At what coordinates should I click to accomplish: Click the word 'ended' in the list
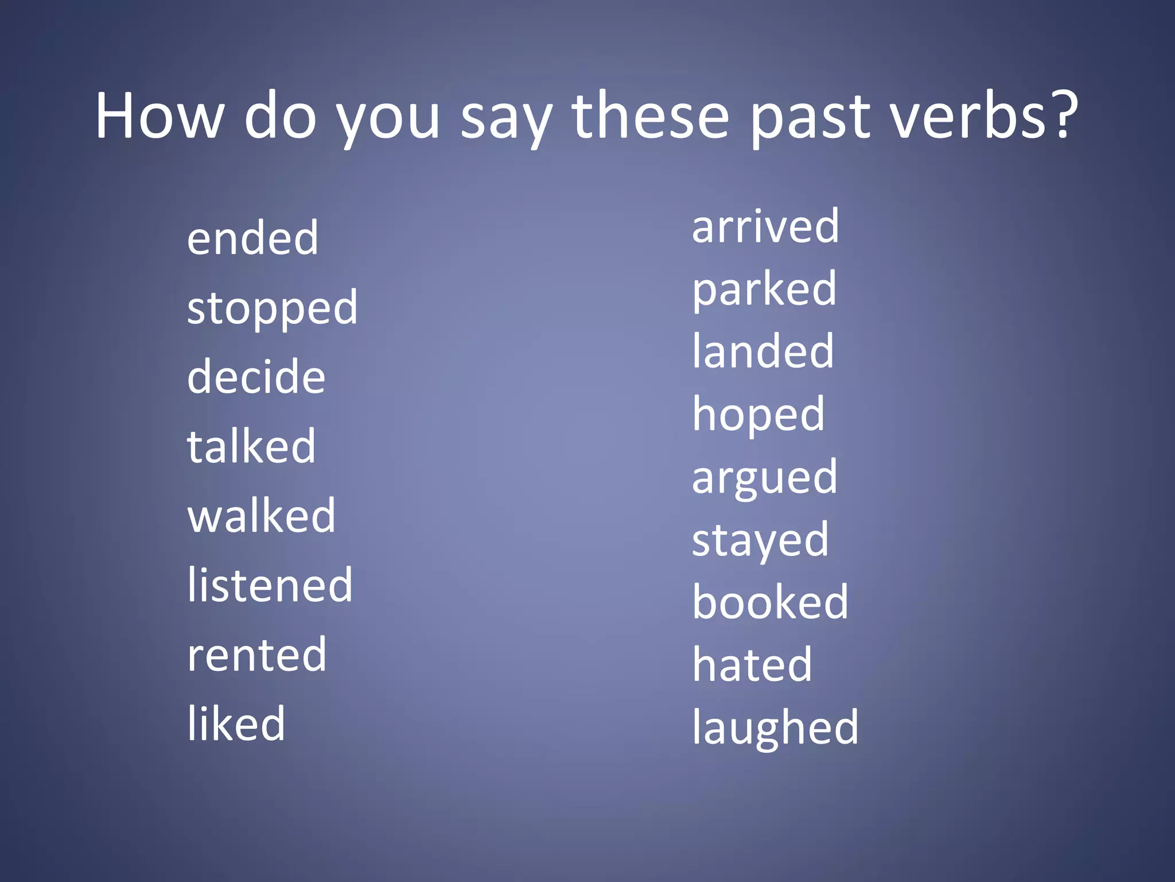tap(252, 238)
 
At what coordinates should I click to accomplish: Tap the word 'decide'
tap(256, 377)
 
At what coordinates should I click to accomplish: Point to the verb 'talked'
tap(251, 446)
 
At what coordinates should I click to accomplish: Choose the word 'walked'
tap(262, 516)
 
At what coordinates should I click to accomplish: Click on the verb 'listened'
tap(270, 585)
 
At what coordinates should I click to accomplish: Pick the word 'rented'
tap(256, 655)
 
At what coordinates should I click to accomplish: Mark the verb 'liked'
tap(236, 724)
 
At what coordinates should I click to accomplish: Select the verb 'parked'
tap(764, 289)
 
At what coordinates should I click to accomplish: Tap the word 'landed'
tap(763, 351)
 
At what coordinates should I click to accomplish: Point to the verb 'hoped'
tap(758, 415)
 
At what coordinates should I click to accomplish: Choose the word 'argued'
tap(765, 478)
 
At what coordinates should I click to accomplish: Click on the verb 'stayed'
tap(760, 541)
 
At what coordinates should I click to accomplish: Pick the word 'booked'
tap(770, 602)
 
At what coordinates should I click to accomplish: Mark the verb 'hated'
tap(752, 665)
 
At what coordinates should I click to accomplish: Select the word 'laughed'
tap(775, 728)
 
